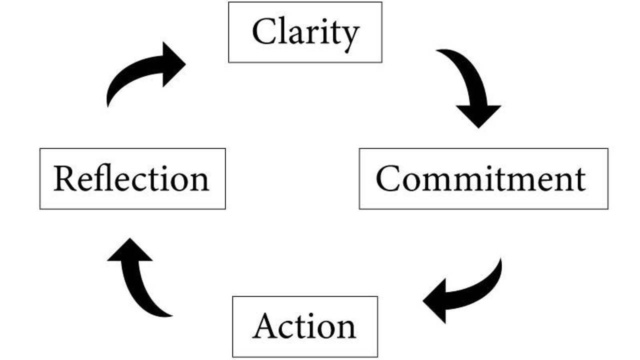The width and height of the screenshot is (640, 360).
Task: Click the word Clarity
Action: [x=305, y=33]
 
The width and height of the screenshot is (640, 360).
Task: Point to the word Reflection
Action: [x=131, y=179]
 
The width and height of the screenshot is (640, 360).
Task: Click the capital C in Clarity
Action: [x=264, y=32]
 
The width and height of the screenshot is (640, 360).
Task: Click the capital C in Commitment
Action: [x=389, y=179]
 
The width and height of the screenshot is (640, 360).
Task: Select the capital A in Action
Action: [x=267, y=327]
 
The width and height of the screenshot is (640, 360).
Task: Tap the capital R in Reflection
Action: [x=65, y=179]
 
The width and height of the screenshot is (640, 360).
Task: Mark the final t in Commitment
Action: [x=579, y=180]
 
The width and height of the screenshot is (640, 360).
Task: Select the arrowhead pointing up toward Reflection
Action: [x=129, y=250]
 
